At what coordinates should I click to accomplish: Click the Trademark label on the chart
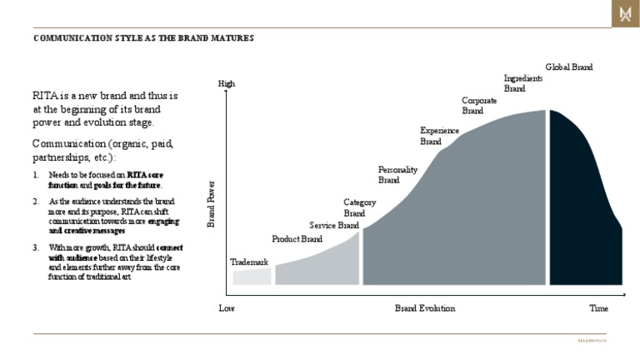pos(249,262)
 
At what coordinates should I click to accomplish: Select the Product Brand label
pos(297,240)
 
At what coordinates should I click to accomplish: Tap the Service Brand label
pos(334,225)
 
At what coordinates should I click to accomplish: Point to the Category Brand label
pos(360,207)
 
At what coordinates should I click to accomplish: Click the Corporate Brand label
pos(479,105)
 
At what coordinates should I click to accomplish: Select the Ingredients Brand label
pos(523,82)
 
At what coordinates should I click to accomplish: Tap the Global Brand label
pos(569,67)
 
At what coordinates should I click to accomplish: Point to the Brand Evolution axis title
pos(425,308)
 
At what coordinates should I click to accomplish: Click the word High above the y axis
pos(227,83)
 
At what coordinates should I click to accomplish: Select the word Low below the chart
pos(227,308)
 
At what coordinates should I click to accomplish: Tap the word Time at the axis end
pos(598,308)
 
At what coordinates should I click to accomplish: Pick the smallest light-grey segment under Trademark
pos(252,277)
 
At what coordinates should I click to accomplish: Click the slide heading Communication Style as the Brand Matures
pos(143,38)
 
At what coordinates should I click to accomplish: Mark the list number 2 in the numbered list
pos(36,202)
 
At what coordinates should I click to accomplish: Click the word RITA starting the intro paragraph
pos(44,96)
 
